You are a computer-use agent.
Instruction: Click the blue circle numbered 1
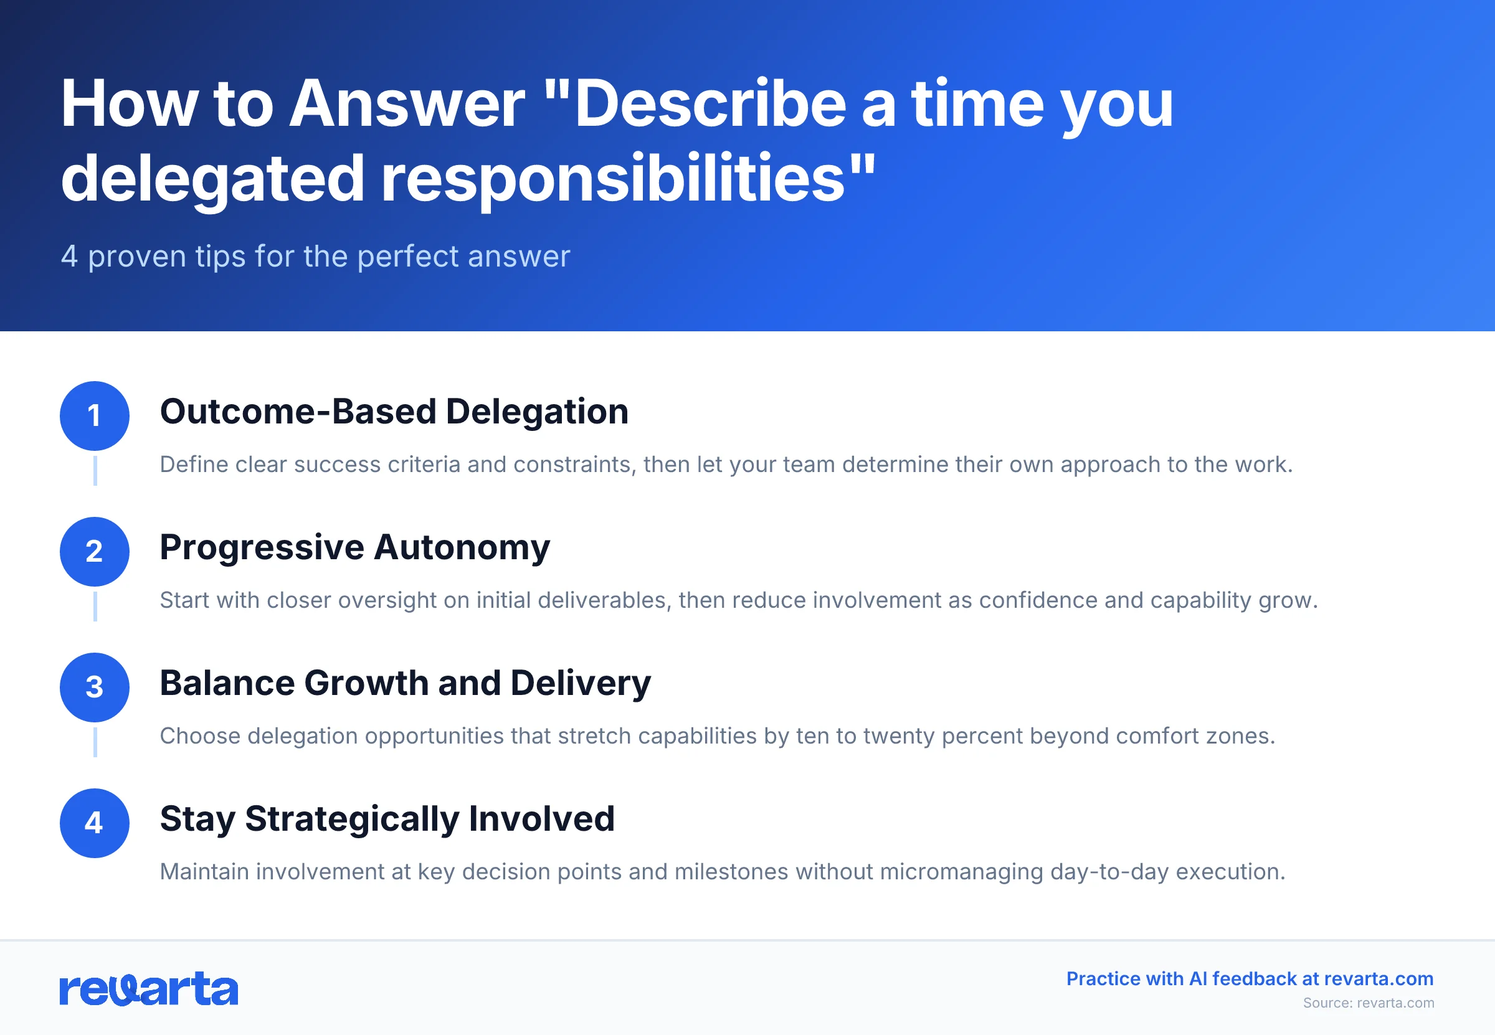(x=95, y=416)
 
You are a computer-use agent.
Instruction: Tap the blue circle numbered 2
(x=95, y=551)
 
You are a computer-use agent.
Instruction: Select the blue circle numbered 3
(x=95, y=687)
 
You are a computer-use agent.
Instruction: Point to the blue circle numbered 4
(x=95, y=823)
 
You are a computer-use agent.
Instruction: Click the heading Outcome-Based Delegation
(x=394, y=412)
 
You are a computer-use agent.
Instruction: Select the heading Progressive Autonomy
(x=354, y=547)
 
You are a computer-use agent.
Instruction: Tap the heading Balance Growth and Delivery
(x=405, y=683)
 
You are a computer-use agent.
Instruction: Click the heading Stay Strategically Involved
(x=387, y=819)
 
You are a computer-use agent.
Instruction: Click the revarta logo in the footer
(x=148, y=989)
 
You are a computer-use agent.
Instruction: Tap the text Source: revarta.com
(x=1368, y=1003)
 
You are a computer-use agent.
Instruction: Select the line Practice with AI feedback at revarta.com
(x=1249, y=978)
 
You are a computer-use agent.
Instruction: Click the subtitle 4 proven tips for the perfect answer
(x=315, y=256)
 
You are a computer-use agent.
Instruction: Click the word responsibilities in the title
(x=612, y=179)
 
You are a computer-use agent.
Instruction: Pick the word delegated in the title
(x=212, y=179)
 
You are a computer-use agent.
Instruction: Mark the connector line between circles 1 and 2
(x=95, y=471)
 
